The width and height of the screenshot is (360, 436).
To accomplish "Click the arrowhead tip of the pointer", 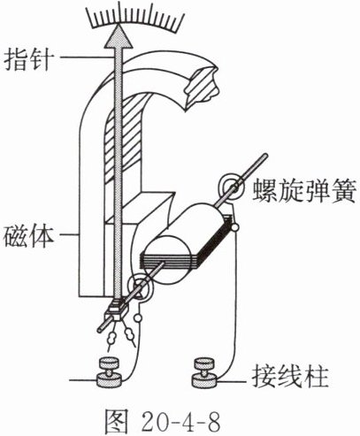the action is [118, 25].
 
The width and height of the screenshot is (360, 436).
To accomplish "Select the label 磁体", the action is [29, 235].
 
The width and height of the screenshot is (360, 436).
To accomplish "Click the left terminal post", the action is [109, 372].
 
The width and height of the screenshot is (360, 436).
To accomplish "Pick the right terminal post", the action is [204, 372].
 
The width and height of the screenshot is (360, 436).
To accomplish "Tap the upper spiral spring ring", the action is [231, 187].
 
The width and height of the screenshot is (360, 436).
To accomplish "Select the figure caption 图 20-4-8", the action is [163, 419].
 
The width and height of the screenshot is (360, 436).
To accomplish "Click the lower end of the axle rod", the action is [100, 330].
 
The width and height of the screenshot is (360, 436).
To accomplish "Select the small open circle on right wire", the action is [235, 227].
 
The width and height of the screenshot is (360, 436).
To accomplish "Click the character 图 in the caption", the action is [117, 420].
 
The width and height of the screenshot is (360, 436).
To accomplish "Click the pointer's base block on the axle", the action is [117, 310].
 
